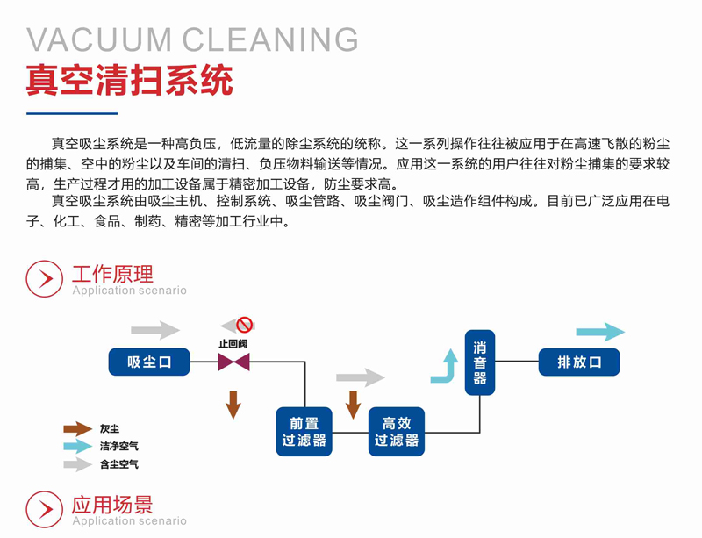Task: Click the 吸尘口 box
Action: point(149,362)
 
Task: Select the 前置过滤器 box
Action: point(304,432)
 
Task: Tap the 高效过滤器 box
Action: point(397,432)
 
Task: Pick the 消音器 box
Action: point(480,362)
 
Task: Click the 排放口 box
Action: point(579,362)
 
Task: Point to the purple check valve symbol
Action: point(233,362)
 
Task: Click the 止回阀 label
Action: point(233,343)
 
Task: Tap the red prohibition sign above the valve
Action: point(243,325)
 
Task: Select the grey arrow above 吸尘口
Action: point(154,330)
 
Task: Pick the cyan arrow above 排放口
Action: point(600,332)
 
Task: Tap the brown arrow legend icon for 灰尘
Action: point(77,429)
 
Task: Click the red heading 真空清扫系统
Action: point(130,81)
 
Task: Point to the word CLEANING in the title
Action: point(271,39)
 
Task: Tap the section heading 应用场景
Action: point(112,504)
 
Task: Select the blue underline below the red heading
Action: point(71,112)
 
